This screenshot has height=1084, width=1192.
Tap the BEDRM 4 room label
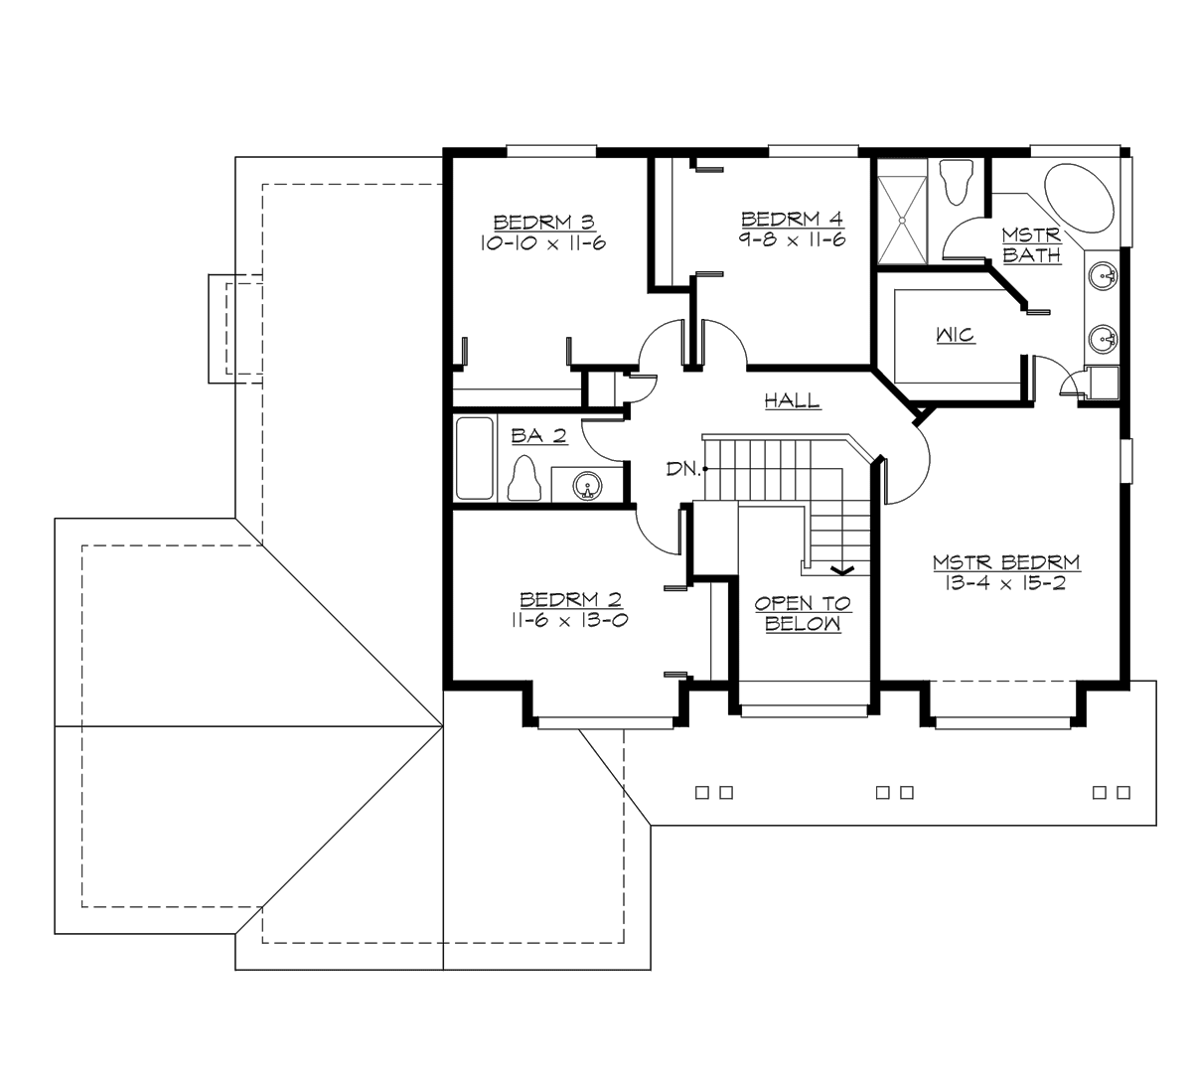point(792,219)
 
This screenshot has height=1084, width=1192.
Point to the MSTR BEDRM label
point(1005,563)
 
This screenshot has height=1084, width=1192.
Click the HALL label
point(792,401)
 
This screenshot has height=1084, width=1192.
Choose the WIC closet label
point(955,336)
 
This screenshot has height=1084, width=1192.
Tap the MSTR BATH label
point(1031,245)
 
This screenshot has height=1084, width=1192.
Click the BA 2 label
point(531,435)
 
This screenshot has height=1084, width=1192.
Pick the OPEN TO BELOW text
point(803,614)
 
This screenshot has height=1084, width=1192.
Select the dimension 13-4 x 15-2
point(1005,584)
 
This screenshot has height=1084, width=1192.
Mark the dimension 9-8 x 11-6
point(792,239)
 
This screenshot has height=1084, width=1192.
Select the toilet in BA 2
point(523,479)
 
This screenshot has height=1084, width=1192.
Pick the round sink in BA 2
point(587,485)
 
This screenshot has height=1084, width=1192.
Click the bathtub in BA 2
point(474,458)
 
